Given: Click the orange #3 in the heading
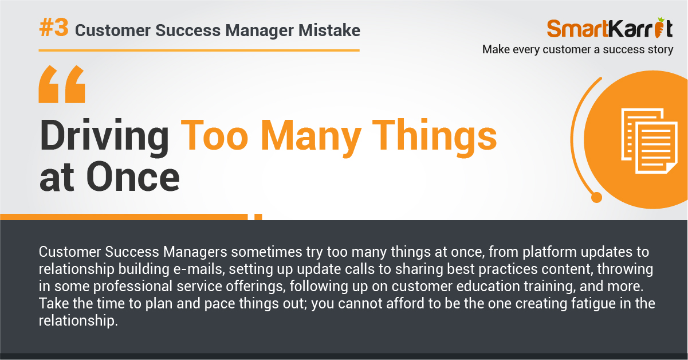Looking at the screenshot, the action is [54, 28].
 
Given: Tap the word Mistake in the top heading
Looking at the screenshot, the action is [329, 30].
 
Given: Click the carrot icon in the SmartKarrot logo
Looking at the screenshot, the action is [659, 28].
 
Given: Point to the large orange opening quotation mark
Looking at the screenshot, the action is [62, 84].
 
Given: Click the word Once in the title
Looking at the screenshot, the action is [133, 177].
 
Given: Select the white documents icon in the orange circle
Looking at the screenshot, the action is [649, 141].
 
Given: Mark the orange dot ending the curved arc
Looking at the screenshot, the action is [596, 197].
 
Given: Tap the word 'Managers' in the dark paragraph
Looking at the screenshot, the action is [195, 252].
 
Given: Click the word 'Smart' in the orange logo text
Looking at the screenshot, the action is [577, 29].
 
